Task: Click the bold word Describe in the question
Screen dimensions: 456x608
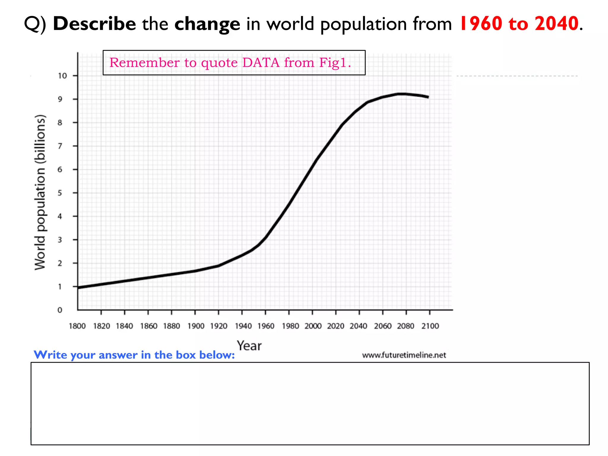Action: (x=94, y=24)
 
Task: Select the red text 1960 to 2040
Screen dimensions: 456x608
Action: (x=519, y=24)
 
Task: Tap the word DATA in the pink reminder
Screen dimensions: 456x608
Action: (x=261, y=63)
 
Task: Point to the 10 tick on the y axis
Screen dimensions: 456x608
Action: (x=62, y=76)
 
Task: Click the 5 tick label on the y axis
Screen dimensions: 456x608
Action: (x=60, y=193)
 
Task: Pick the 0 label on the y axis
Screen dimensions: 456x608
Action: (x=60, y=310)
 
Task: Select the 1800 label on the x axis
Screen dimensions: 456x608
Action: (x=77, y=326)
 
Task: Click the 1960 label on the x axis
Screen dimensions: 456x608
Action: (x=266, y=326)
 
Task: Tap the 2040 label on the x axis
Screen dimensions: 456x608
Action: (x=358, y=326)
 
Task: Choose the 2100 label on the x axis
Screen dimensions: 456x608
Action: (x=430, y=326)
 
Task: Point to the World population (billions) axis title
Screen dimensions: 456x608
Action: (x=40, y=192)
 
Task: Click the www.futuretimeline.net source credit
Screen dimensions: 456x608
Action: (x=404, y=355)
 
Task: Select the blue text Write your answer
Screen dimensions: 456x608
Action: (x=134, y=355)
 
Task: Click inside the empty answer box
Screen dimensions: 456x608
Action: (x=310, y=404)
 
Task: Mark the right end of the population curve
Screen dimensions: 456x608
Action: (x=428, y=97)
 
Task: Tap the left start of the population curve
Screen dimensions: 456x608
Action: (x=78, y=287)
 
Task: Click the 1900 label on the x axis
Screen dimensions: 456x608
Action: (x=196, y=326)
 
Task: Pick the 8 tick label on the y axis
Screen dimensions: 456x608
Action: (x=60, y=123)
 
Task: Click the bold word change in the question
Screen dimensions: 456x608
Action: (x=207, y=24)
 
